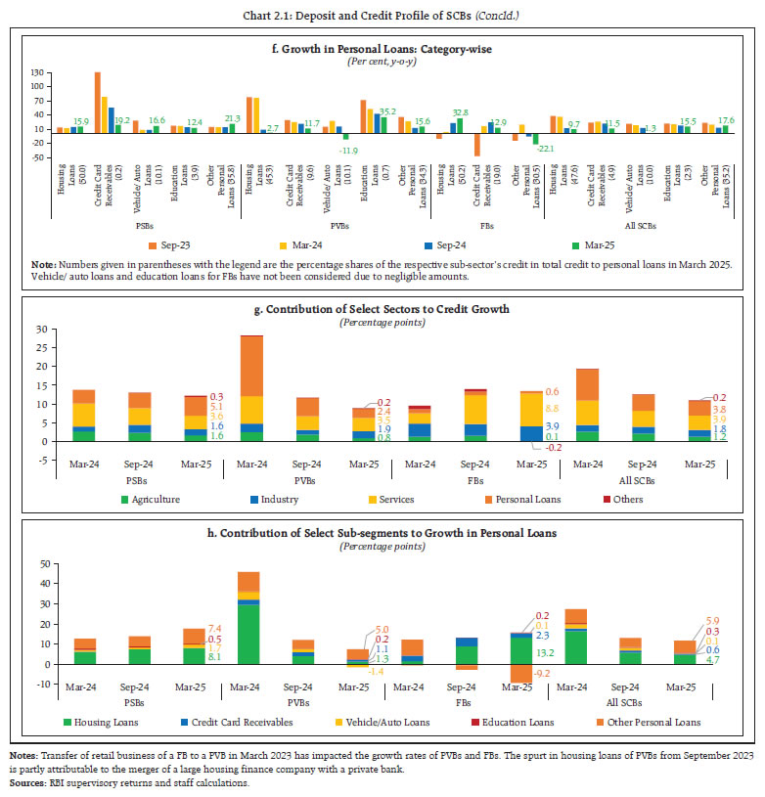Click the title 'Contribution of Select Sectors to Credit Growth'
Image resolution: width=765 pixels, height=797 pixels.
tap(382, 309)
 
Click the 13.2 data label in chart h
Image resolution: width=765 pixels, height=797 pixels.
tap(546, 652)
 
